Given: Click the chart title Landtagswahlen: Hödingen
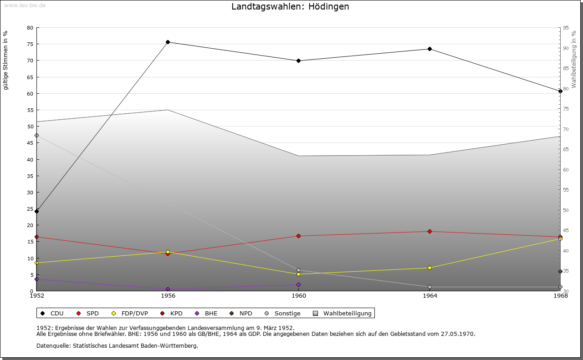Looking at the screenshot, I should [x=290, y=6].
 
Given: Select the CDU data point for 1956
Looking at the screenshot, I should [x=168, y=42].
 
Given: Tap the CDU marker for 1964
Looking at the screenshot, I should [x=430, y=49].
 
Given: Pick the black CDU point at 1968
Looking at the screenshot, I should [x=560, y=91].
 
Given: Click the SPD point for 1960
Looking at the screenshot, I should [x=299, y=236].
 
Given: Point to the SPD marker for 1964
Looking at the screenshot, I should [x=430, y=231].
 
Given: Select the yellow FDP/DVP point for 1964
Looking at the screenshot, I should [x=430, y=268].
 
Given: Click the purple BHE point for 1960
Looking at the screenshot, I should [x=299, y=284].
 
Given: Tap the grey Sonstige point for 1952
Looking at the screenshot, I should [x=37, y=135].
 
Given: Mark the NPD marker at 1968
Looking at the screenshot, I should [x=560, y=271].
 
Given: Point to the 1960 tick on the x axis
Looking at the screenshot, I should [x=299, y=296].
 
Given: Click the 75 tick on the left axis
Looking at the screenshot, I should [x=30, y=44].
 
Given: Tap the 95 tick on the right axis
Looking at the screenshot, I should [x=566, y=28].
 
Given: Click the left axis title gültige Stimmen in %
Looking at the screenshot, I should [x=6, y=60].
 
